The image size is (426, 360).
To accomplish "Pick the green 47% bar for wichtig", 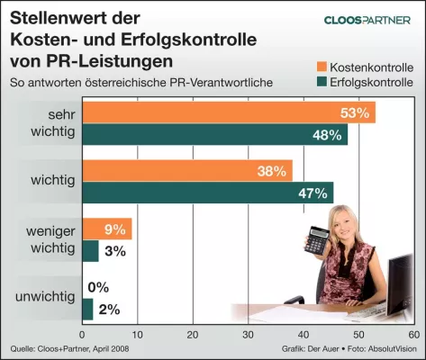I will pos(207,192).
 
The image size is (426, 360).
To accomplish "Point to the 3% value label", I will pos(114,252).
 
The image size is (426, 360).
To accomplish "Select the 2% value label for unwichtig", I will pos(109,310).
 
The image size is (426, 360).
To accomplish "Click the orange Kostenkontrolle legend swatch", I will pos(322,67).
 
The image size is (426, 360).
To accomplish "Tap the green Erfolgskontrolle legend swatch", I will pos(322,84).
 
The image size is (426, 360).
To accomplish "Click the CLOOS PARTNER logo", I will pos(369,20).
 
